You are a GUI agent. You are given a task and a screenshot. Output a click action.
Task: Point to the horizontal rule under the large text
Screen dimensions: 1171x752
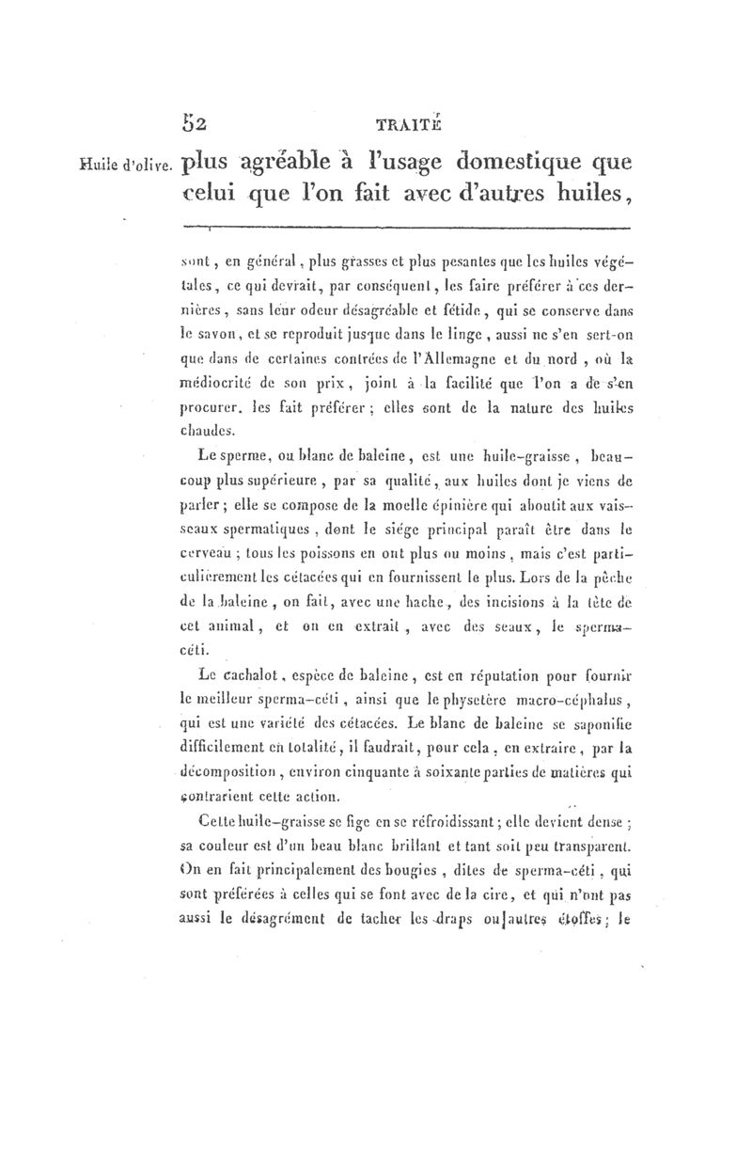(x=404, y=227)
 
